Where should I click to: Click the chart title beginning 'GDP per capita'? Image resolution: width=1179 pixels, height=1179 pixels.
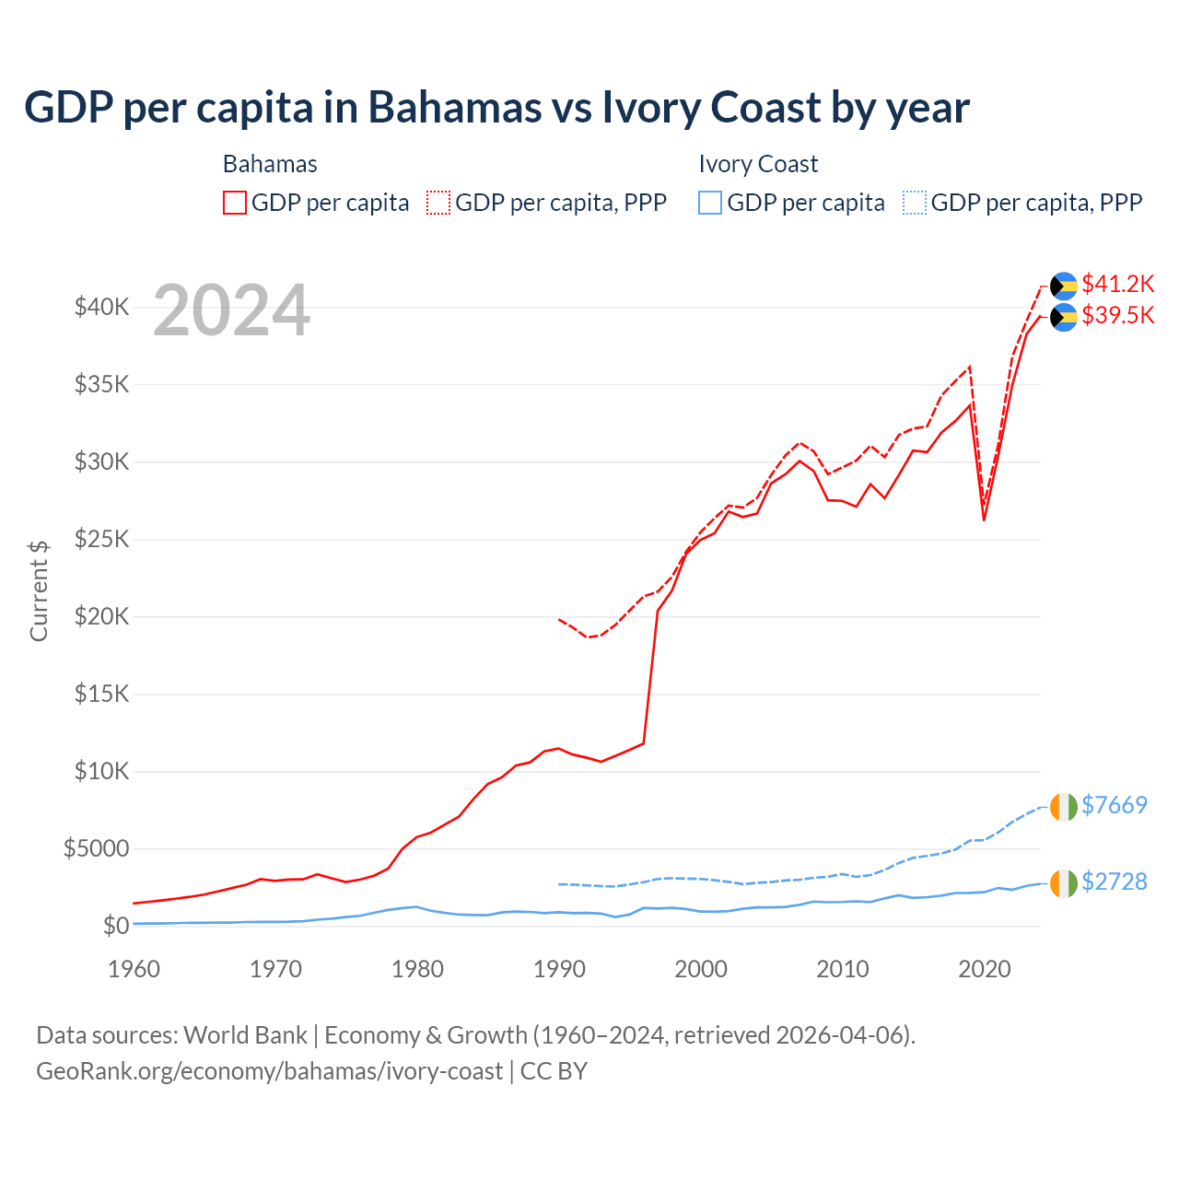(x=496, y=107)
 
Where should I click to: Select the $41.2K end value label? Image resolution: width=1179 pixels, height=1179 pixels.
(x=1117, y=283)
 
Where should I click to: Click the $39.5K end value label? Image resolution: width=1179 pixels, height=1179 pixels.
(x=1117, y=315)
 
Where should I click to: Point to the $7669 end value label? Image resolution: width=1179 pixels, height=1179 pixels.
(x=1114, y=805)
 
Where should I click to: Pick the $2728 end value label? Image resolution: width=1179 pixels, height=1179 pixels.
(x=1114, y=881)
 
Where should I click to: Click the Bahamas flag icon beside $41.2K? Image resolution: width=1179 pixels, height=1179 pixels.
(x=1064, y=286)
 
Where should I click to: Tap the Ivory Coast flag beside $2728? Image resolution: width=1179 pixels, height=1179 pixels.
(x=1064, y=883)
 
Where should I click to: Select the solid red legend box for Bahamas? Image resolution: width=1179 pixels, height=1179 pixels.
(x=235, y=203)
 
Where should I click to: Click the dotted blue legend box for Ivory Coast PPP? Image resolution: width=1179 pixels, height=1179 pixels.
(x=915, y=203)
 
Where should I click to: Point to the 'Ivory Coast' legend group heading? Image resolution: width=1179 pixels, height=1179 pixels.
(x=758, y=164)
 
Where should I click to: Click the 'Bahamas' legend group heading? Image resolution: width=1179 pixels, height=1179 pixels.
(x=270, y=164)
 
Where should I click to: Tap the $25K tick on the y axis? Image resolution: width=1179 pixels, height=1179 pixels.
(x=101, y=539)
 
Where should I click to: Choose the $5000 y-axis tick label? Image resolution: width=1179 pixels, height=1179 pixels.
(x=96, y=848)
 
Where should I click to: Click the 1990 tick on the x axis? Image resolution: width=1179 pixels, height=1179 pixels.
(x=559, y=969)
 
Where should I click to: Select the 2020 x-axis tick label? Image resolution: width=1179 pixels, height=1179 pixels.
(x=985, y=969)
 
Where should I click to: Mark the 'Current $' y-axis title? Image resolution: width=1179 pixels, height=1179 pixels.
(x=39, y=591)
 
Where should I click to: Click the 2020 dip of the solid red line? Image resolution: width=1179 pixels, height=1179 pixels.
(x=984, y=519)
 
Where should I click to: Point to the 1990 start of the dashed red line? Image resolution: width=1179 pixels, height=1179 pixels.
(x=559, y=619)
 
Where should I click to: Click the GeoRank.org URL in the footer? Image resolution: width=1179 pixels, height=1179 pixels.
(x=269, y=1071)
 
